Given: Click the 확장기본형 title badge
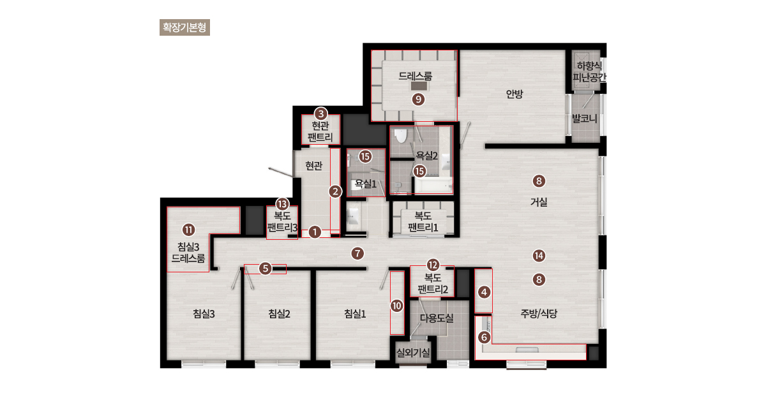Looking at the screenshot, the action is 184,27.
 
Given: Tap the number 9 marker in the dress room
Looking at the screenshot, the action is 418,99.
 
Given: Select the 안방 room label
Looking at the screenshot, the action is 514,94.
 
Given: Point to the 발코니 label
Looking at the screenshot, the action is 585,119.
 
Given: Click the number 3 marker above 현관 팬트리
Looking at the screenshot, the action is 320,114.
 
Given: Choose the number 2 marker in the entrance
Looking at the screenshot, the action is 335,191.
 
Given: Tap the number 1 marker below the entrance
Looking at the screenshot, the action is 315,232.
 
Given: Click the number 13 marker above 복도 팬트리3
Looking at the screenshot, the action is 282,204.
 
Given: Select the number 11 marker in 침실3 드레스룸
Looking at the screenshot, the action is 188,230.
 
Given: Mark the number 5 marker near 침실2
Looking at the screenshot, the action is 266,269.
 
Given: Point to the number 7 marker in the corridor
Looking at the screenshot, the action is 357,253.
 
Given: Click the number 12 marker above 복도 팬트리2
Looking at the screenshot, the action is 433,265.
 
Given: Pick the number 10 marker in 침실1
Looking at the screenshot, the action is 396,306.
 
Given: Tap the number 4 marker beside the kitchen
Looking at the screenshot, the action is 484,292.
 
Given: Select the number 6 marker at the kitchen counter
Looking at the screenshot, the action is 484,337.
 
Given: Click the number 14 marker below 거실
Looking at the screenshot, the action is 539,256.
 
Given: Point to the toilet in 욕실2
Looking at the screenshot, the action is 400,136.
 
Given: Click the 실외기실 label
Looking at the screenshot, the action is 413,353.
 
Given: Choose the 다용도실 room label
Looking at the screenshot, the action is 437,318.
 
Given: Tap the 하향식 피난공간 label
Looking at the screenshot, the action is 589,71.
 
